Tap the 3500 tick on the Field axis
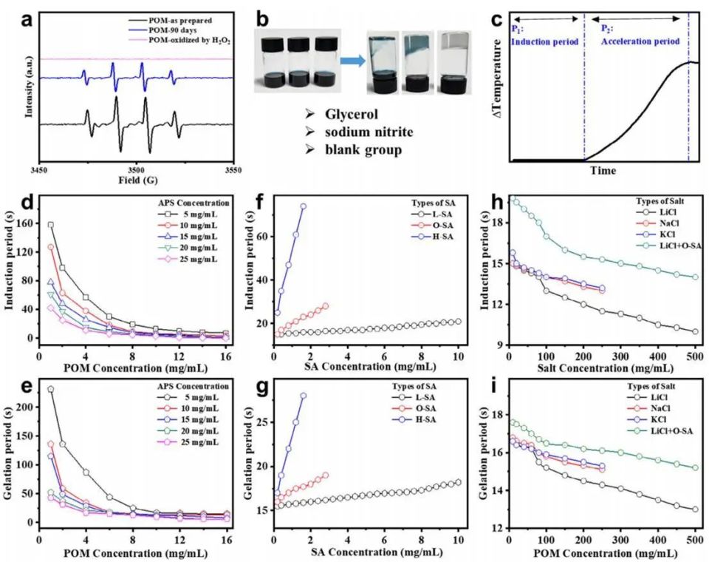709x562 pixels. coord(137,170)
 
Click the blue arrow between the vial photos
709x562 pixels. coord(352,61)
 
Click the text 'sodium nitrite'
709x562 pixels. coord(369,132)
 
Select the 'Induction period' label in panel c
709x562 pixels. coord(545,41)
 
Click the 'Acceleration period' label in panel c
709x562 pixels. coord(640,41)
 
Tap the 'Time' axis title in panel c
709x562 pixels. coord(603,170)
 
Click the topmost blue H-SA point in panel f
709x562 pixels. coord(304,206)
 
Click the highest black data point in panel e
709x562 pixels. coord(51,389)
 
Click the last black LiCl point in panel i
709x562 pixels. coord(695,509)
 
